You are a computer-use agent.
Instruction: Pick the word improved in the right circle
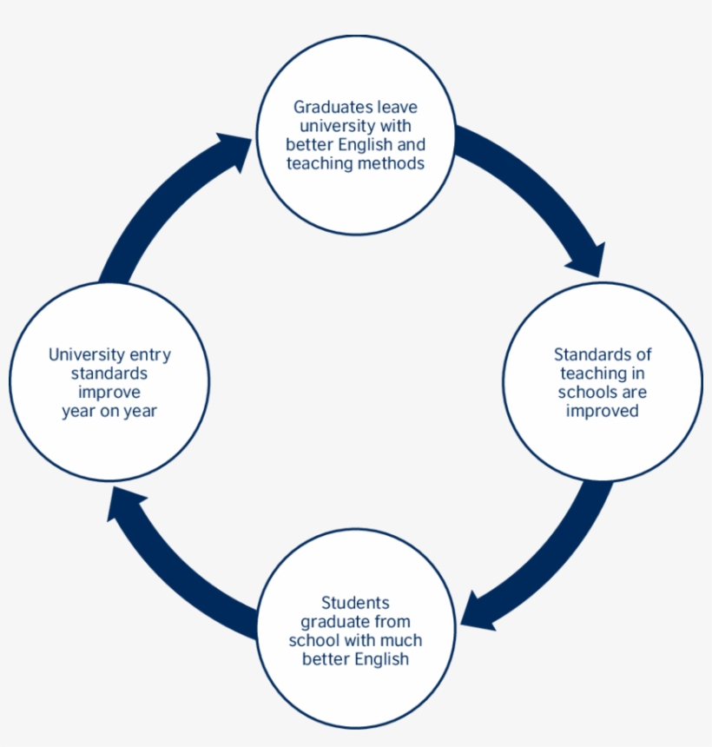[603, 411]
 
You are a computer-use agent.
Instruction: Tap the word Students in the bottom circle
[356, 603]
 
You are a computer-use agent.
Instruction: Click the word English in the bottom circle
[382, 659]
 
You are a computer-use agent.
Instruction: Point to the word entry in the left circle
[151, 354]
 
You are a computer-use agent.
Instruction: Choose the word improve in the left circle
[109, 392]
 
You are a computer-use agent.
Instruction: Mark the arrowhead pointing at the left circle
[126, 504]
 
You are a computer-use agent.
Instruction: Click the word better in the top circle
[307, 144]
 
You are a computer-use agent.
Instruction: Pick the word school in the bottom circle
[311, 640]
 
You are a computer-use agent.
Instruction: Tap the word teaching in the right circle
[595, 373]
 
